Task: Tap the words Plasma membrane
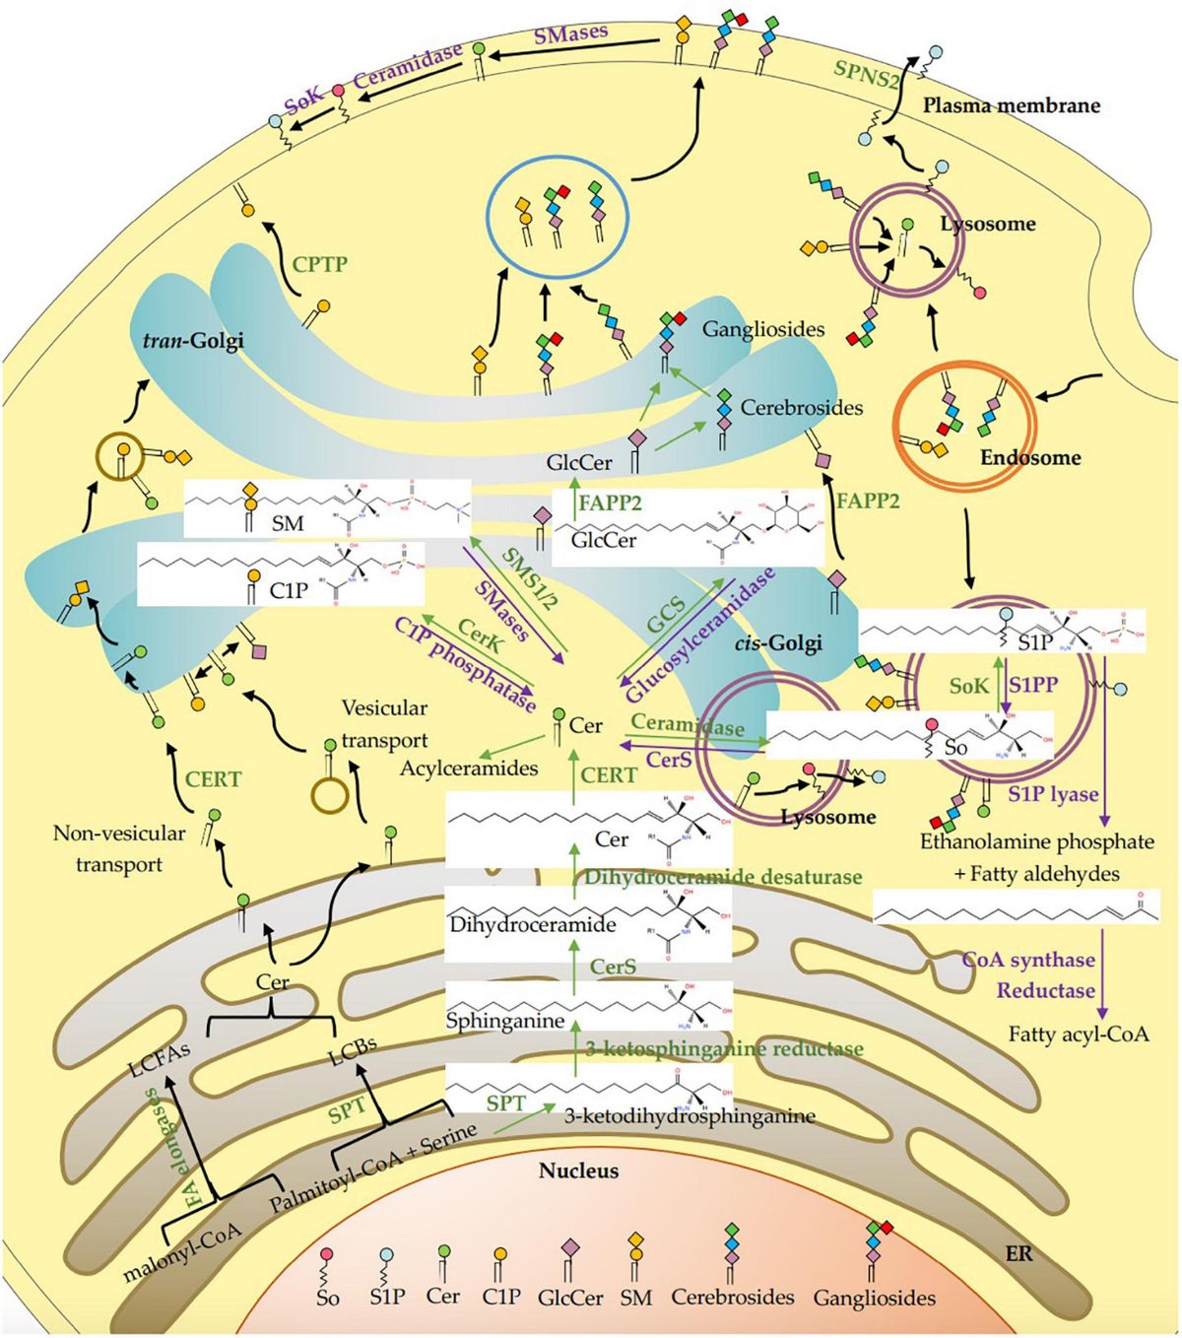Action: pyautogui.click(x=1011, y=104)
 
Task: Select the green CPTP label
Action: pyautogui.click(x=320, y=264)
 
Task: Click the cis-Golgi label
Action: pyautogui.click(x=778, y=642)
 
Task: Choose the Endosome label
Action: pyautogui.click(x=1030, y=457)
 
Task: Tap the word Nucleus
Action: pyautogui.click(x=578, y=1171)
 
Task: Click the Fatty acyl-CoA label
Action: pyautogui.click(x=1079, y=1034)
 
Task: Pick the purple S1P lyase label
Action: pyautogui.click(x=1052, y=794)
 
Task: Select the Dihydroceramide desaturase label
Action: pyautogui.click(x=723, y=876)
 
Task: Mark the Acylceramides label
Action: pyautogui.click(x=469, y=768)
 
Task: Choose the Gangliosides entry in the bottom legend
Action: pyautogui.click(x=874, y=1298)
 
